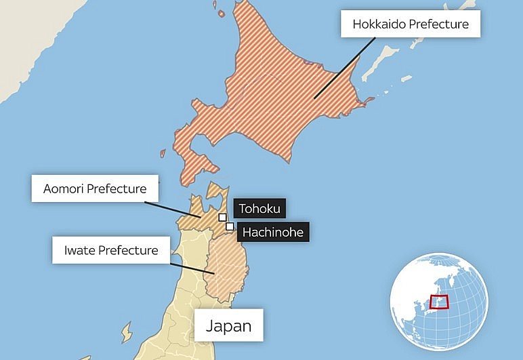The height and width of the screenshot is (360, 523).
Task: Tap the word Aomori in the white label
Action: click(x=65, y=188)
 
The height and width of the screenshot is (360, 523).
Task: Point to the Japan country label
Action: click(x=228, y=325)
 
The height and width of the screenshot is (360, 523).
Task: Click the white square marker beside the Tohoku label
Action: click(x=223, y=218)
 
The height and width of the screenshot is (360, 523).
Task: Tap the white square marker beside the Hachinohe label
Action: click(x=230, y=226)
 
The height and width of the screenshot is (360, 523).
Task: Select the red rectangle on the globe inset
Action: click(x=440, y=302)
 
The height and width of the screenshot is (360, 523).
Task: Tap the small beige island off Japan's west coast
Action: click(x=126, y=332)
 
